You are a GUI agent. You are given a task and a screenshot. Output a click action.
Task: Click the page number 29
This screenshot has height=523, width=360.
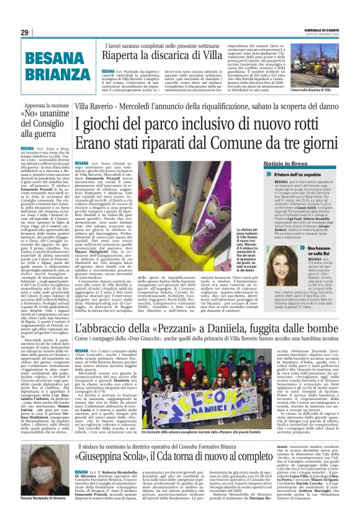25,33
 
